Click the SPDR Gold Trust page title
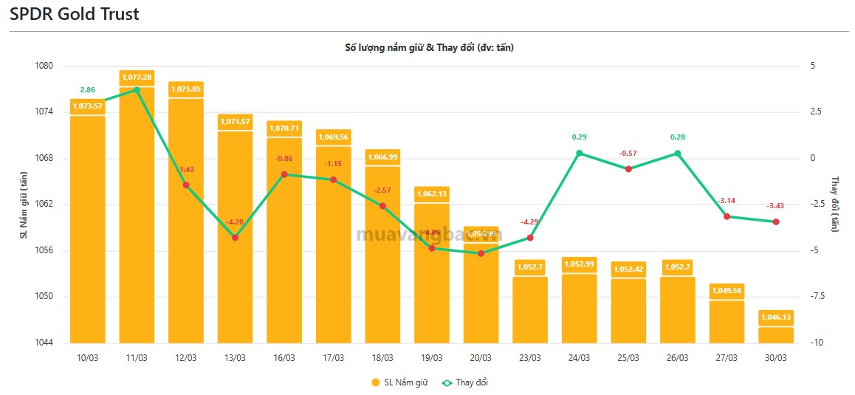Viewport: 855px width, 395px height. [x=74, y=14]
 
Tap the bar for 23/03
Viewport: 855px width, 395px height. [x=530, y=310]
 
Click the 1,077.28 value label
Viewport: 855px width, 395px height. [x=137, y=77]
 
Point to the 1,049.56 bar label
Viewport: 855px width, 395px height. [x=727, y=290]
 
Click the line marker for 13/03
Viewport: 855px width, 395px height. [x=235, y=237]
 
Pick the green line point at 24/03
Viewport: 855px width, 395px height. [x=579, y=154]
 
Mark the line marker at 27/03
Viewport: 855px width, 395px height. [x=727, y=216]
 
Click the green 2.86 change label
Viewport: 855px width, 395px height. [x=88, y=89]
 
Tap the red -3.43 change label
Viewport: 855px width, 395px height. [x=776, y=205]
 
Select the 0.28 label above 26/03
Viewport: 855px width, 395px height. [x=678, y=137]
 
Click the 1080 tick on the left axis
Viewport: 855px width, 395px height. [x=44, y=66]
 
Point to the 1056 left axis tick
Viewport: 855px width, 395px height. [x=44, y=251]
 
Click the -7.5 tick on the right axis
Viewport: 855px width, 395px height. [x=817, y=297]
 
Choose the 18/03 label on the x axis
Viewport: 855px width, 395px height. [x=382, y=358]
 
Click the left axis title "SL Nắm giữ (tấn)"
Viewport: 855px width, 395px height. [x=24, y=205]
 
